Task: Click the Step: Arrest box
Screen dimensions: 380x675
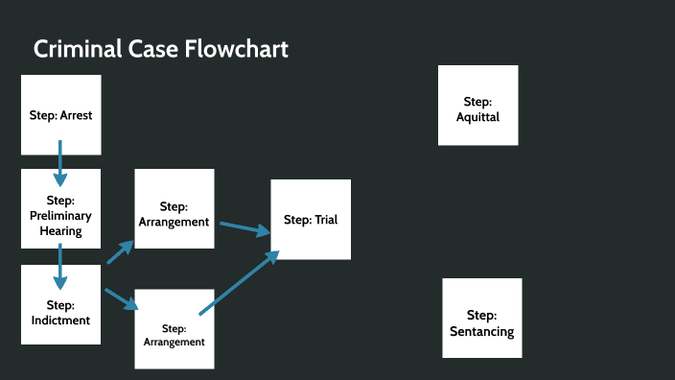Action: [60, 114]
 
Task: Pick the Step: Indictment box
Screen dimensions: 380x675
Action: [60, 304]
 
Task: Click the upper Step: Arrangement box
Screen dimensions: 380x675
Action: [174, 208]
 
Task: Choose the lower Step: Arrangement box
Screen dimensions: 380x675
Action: [174, 328]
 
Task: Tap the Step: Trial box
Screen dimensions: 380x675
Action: [311, 219]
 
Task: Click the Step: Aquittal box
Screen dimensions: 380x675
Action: [477, 105]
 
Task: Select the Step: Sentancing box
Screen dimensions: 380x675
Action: [481, 318]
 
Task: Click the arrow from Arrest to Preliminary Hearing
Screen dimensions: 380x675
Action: [60, 162]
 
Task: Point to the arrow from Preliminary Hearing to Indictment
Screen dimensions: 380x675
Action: [60, 266]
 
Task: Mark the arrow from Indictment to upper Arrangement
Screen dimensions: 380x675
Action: [120, 251]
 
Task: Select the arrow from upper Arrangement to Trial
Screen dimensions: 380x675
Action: [245, 227]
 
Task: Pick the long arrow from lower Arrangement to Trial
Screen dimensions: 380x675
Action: [239, 282]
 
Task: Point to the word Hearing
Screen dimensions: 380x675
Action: [60, 230]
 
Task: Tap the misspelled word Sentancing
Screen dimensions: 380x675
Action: [481, 332]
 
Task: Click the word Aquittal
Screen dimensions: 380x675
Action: [477, 117]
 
